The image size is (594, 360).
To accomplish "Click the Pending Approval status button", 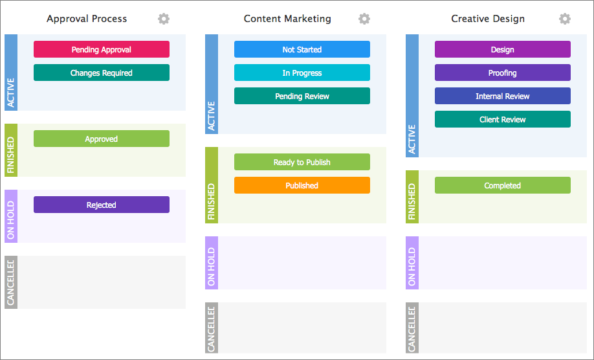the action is tap(102, 49).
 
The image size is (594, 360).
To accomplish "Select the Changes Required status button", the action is tap(102, 73).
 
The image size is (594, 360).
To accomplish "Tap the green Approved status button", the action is tap(102, 139).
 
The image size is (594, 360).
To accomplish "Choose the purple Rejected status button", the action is tap(102, 205).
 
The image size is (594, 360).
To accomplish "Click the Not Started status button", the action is tap(302, 49).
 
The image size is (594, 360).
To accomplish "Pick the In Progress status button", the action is tap(302, 73).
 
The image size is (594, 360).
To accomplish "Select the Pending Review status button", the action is tap(302, 96).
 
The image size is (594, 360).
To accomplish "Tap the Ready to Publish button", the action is tap(302, 162).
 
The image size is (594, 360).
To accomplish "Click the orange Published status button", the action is tap(302, 185).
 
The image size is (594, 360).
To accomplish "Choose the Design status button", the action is tap(503, 49).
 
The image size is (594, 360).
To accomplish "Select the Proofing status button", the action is tap(503, 73).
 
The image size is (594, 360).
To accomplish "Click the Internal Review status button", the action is tap(503, 96).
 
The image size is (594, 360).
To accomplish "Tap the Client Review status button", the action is tap(503, 119).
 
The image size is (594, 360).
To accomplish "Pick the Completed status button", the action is tap(503, 185).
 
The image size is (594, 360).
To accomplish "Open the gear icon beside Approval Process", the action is tap(164, 19).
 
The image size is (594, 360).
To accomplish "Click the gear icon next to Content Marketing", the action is tap(364, 19).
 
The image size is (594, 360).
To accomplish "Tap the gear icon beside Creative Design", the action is tap(565, 19).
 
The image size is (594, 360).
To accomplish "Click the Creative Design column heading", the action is tap(488, 19).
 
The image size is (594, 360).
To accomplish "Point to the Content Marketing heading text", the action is tap(287, 19).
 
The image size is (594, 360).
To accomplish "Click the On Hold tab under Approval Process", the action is tap(11, 216).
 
